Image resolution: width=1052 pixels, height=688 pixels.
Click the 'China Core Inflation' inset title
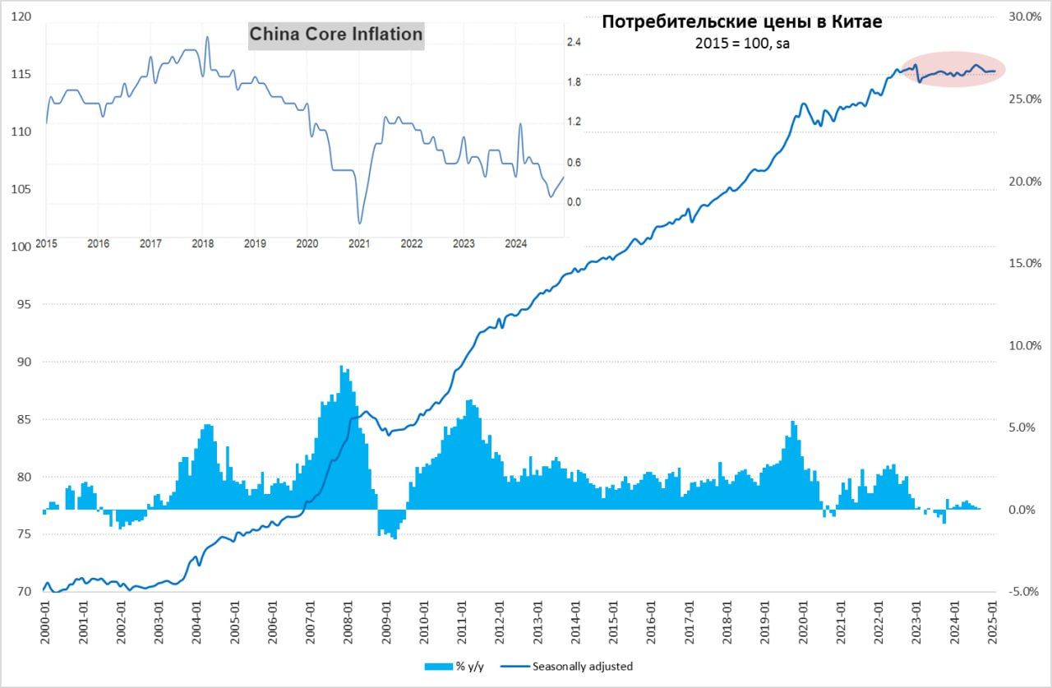(336, 35)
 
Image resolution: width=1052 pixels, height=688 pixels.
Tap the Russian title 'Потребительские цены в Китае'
(741, 22)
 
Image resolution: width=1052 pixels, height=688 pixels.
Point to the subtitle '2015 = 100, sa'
(742, 44)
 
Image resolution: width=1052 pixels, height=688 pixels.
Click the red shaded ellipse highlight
(953, 71)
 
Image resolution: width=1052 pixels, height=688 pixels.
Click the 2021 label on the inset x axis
(358, 243)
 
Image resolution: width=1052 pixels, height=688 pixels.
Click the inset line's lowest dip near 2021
(359, 223)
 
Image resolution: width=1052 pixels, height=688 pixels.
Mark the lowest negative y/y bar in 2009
(394, 538)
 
